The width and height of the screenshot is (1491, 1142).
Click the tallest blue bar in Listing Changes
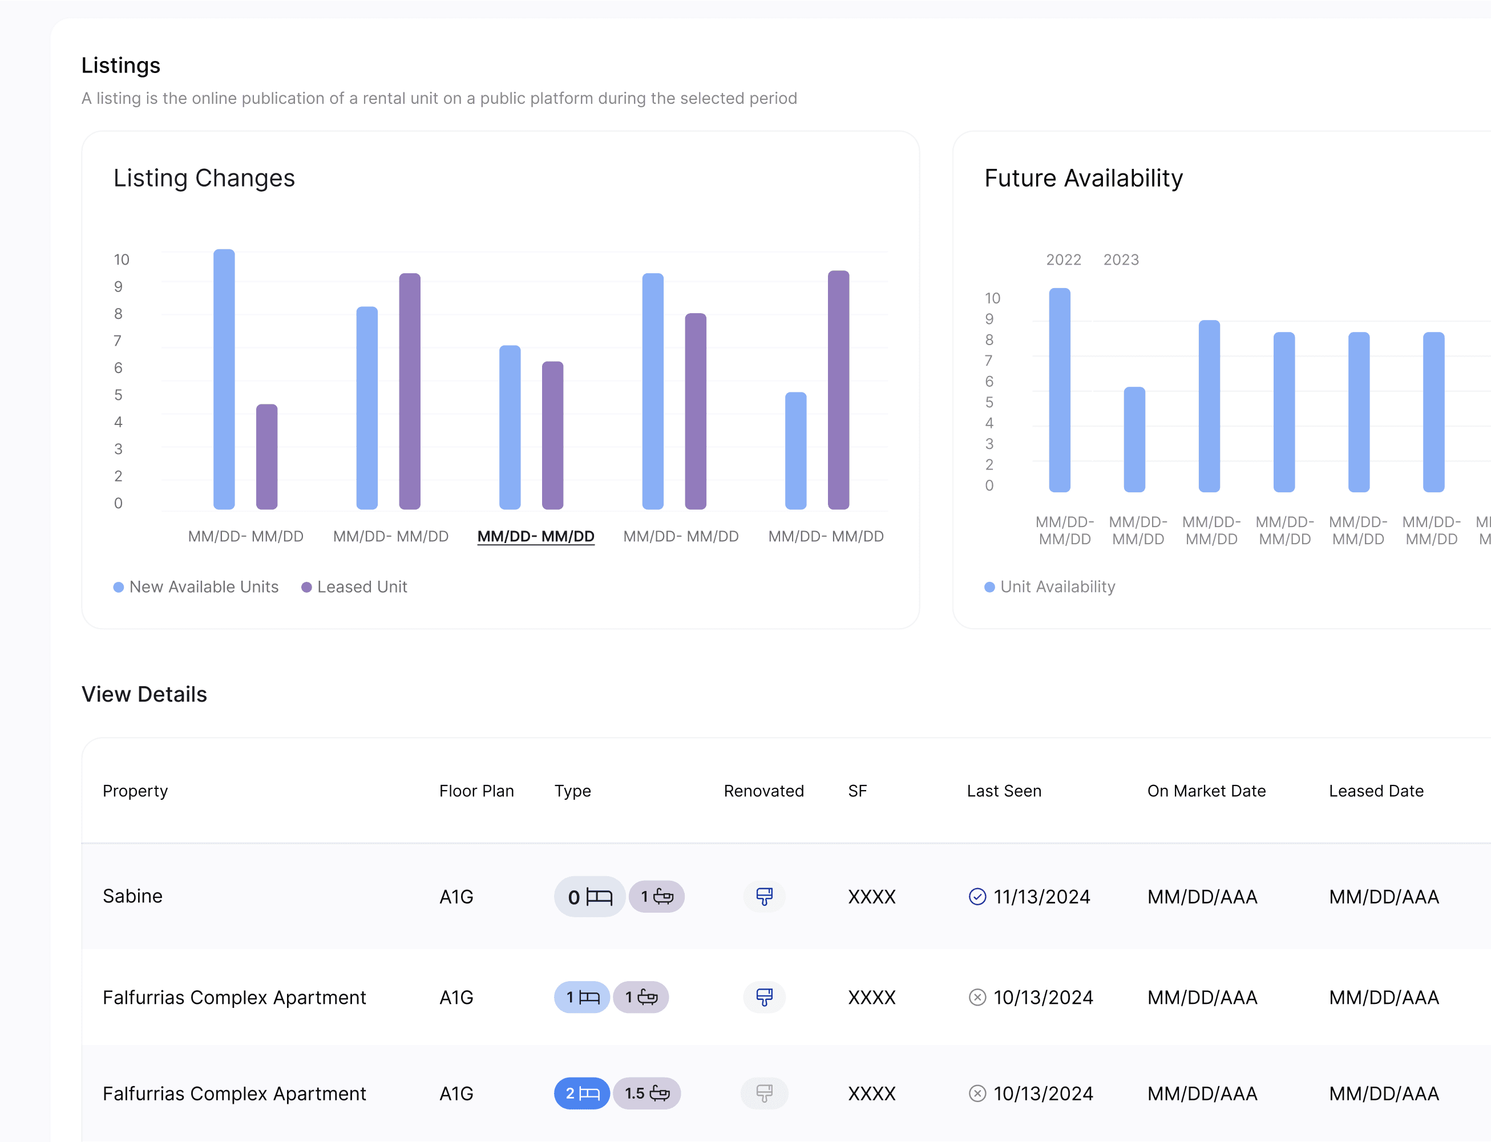[224, 379]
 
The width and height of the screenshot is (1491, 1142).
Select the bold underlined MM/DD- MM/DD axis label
[536, 536]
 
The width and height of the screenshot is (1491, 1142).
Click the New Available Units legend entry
[196, 586]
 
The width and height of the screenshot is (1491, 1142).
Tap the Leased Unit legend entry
[354, 586]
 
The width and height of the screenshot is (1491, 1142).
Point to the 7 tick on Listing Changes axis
[118, 341]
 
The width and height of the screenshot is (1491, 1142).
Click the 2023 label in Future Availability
[1121, 260]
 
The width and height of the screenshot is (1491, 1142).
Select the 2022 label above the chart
[1064, 260]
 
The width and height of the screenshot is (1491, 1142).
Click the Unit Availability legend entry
[1050, 586]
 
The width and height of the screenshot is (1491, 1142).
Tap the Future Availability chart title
[1084, 178]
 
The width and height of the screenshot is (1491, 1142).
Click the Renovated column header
[763, 791]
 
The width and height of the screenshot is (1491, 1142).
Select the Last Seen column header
[1004, 791]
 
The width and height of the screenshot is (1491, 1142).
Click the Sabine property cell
[132, 896]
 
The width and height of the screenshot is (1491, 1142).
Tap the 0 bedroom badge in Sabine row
[589, 897]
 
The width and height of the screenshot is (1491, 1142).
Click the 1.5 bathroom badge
[646, 1093]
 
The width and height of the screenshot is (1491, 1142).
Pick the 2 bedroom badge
[582, 1093]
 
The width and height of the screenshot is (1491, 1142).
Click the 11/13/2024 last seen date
[1041, 897]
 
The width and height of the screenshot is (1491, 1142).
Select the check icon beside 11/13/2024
[977, 897]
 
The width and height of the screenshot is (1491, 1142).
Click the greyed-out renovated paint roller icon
[764, 1093]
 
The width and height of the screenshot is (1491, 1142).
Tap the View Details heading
[144, 694]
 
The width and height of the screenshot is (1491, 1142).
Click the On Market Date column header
[1206, 791]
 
